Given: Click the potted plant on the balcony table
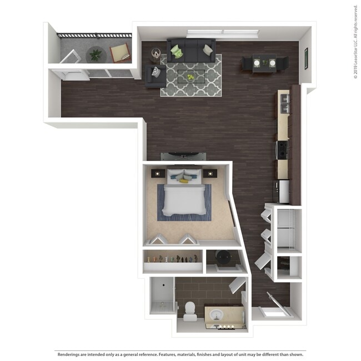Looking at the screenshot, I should click(97, 54).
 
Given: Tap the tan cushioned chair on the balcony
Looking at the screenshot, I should click(120, 53).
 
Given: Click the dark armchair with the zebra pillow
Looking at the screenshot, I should click(155, 76).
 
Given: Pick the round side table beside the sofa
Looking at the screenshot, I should click(156, 53).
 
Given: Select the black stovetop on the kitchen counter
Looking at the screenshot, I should click(282, 148).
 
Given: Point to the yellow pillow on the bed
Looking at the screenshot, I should click(184, 180).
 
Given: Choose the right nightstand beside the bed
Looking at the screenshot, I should click(209, 173).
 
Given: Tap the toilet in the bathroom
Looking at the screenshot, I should click(190, 311).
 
